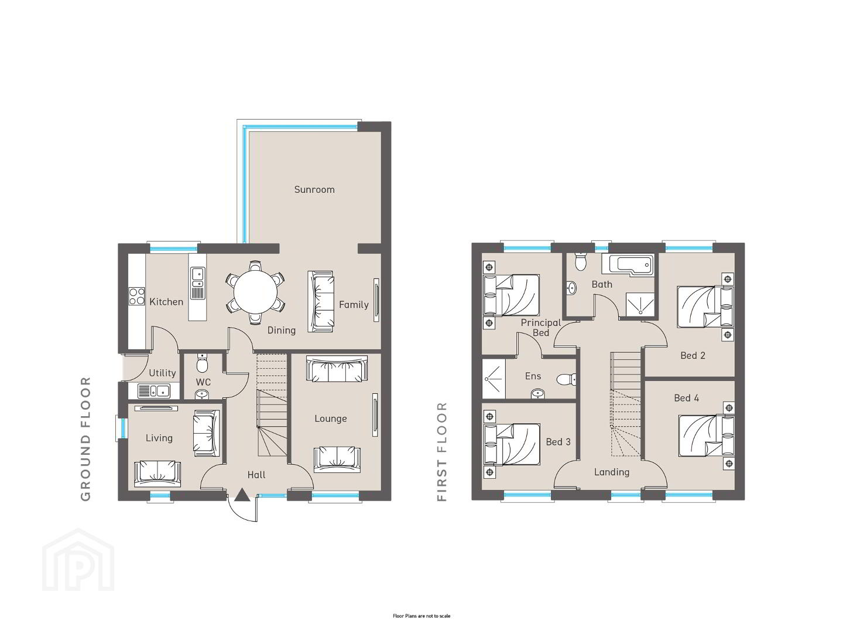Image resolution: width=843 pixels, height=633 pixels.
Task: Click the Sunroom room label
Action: click(314, 189)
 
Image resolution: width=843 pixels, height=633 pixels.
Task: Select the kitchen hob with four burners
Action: click(137, 296)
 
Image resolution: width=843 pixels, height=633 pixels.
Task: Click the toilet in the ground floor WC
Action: click(202, 363)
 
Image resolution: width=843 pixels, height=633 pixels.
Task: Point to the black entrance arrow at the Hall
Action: click(242, 495)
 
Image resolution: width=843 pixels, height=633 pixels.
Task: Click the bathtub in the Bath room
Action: click(628, 265)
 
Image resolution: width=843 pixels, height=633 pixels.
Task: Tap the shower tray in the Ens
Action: click(494, 379)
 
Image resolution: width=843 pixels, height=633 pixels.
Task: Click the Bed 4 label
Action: click(686, 398)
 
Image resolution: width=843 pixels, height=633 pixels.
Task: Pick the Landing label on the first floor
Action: click(612, 472)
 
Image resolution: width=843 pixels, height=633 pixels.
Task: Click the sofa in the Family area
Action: click(320, 302)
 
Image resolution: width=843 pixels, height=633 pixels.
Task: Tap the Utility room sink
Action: click(153, 391)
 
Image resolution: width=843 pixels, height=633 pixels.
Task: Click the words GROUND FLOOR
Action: click(85, 438)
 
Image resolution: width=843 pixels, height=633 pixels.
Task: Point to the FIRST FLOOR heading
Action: click(442, 451)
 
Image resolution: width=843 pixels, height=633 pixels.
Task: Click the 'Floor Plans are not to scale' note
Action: click(421, 616)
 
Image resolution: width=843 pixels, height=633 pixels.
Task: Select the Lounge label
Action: click(331, 418)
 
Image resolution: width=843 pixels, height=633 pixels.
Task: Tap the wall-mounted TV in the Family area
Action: click(376, 300)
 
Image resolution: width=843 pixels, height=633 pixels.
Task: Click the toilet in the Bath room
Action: click(580, 261)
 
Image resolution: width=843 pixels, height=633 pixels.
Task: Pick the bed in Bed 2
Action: click(705, 307)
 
